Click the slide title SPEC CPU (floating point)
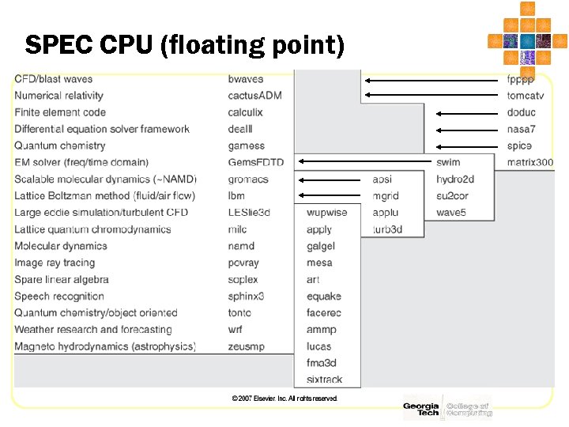click(x=185, y=45)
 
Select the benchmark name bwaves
click(x=246, y=79)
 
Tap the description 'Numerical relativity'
click(x=58, y=96)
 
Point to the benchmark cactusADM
click(x=254, y=96)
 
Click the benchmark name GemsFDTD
click(x=255, y=162)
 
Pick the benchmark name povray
click(x=243, y=263)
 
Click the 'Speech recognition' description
click(x=59, y=297)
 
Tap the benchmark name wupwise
click(x=326, y=213)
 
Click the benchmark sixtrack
click(x=324, y=380)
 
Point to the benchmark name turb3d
click(x=387, y=229)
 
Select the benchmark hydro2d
click(x=455, y=179)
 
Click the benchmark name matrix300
click(x=530, y=162)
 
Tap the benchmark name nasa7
click(x=522, y=129)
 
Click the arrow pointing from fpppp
click(x=433, y=79)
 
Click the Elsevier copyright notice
click(x=284, y=399)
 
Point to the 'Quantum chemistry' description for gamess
click(x=59, y=145)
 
